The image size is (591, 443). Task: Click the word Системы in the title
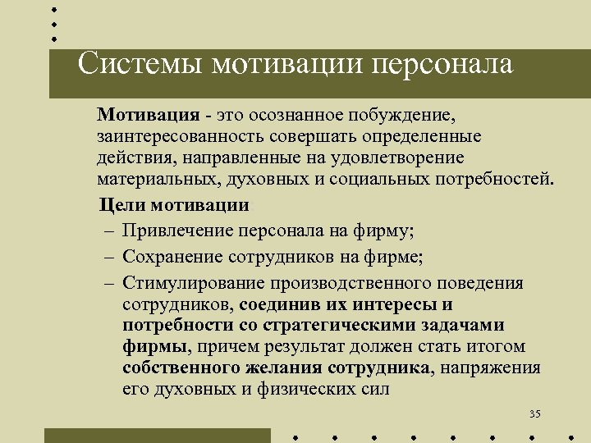[x=139, y=64]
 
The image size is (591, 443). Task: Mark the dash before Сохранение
[x=108, y=257]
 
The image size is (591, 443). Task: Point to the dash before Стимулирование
[x=108, y=283]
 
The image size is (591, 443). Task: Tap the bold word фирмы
[x=151, y=345]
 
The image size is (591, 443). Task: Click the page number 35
[x=534, y=413]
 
